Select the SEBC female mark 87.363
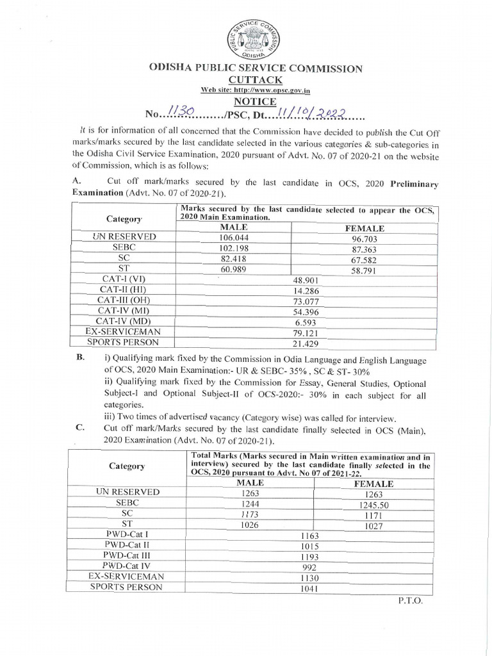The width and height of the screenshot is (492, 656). (x=365, y=249)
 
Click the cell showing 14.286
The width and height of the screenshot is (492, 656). (x=306, y=291)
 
